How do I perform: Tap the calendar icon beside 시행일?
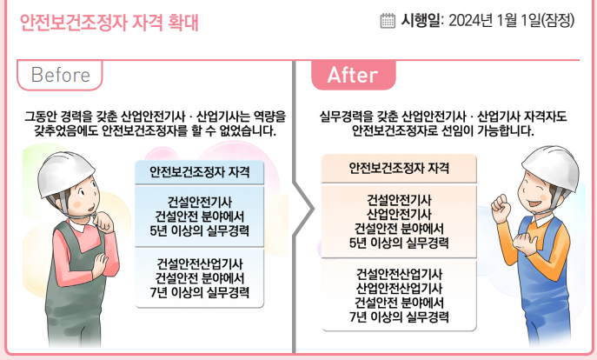(388, 21)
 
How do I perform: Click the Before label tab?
(60, 76)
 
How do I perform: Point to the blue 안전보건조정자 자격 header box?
(199, 171)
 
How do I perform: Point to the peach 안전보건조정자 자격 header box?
(399, 167)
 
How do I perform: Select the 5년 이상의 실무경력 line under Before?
(199, 231)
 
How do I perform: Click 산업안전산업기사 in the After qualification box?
(399, 288)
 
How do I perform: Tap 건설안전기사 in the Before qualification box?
(199, 202)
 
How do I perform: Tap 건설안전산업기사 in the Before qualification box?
(199, 263)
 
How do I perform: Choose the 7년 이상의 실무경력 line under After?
(399, 317)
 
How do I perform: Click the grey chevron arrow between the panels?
(303, 209)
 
